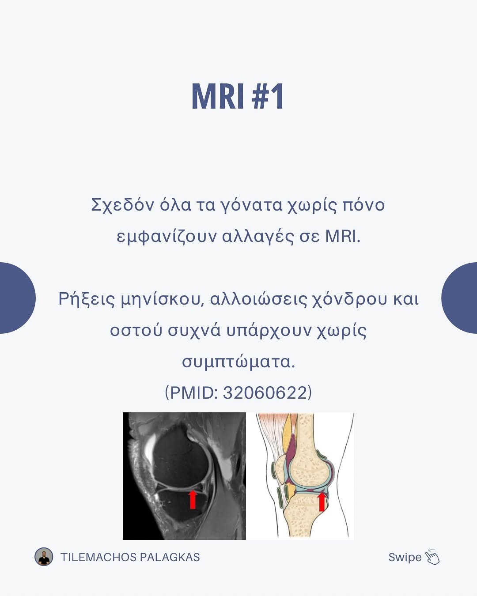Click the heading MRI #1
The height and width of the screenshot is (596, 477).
click(238, 97)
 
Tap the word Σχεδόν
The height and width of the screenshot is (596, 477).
click(122, 205)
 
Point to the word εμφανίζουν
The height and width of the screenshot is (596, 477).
click(167, 237)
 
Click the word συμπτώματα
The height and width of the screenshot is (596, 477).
click(238, 362)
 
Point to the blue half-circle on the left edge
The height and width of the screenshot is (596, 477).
click(17, 298)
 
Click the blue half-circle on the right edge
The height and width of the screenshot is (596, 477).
click(459, 298)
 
